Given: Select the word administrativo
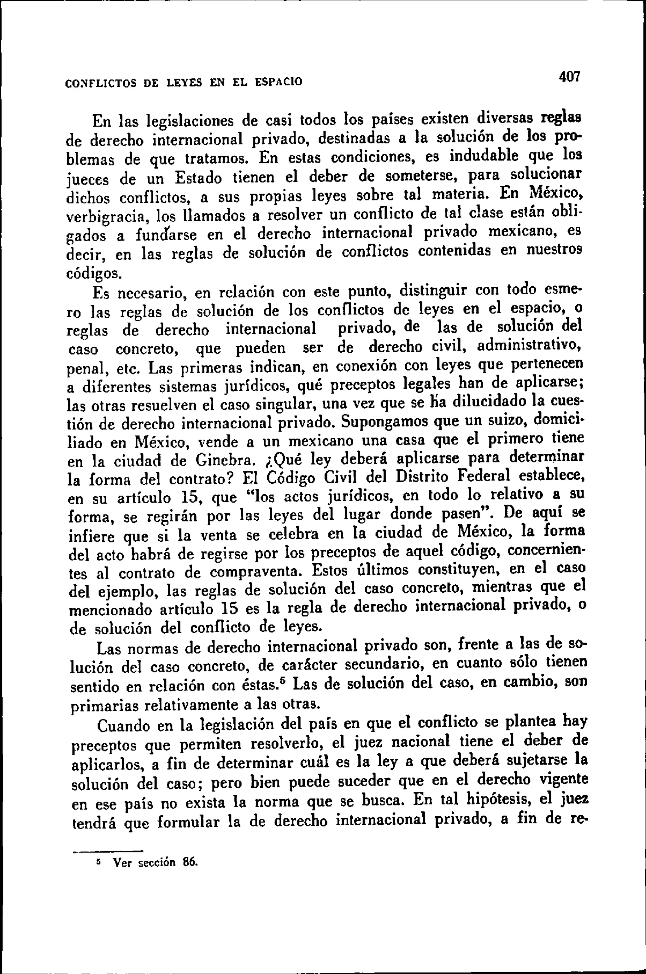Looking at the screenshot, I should click(529, 345).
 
